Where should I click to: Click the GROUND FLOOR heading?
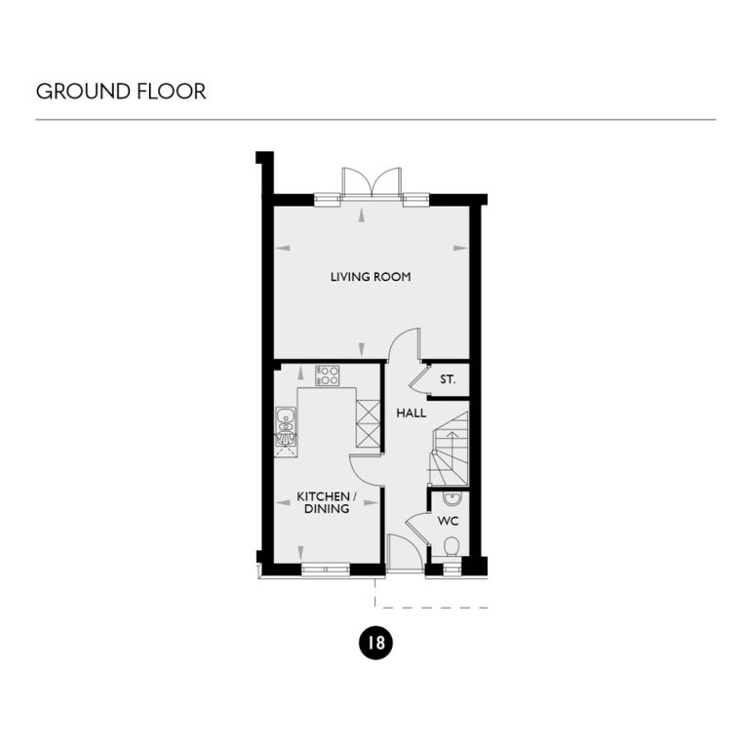[x=121, y=92]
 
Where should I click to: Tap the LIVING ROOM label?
[x=371, y=277]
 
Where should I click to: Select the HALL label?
[x=411, y=414]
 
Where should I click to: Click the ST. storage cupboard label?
[x=448, y=379]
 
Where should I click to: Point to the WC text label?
[x=448, y=521]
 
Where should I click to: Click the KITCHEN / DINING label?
[x=327, y=502]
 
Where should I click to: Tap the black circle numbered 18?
[x=375, y=643]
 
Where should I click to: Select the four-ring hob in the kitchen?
[x=327, y=374]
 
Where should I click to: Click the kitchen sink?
[x=286, y=425]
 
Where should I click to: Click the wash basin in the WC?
[x=451, y=500]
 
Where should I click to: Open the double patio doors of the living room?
[x=371, y=182]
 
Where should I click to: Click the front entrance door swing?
[x=403, y=552]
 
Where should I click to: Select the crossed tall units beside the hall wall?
[x=369, y=423]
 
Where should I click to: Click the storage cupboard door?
[x=418, y=377]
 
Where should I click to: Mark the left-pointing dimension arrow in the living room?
[x=284, y=249]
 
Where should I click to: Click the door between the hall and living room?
[x=403, y=343]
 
